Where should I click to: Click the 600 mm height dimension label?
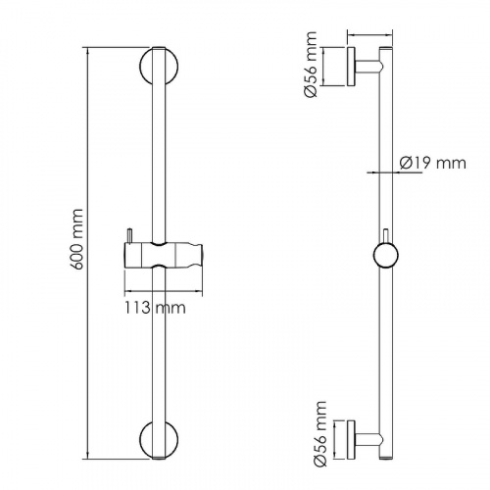(78, 239)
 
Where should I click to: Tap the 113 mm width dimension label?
(155, 308)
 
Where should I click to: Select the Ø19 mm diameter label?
(433, 163)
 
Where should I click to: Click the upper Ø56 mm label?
(310, 65)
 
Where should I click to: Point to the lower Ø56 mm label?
(319, 434)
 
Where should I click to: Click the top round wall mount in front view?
(143, 67)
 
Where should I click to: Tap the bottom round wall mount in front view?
(143, 440)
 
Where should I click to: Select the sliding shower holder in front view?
(164, 256)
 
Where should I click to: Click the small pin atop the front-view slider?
(130, 236)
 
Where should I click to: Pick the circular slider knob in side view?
(386, 256)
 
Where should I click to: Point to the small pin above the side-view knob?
(386, 236)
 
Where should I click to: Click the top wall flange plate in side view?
(351, 67)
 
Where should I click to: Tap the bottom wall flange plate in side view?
(351, 440)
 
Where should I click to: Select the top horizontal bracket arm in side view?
(367, 67)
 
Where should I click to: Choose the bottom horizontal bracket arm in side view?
(367, 440)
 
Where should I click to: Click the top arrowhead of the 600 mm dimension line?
(87, 51)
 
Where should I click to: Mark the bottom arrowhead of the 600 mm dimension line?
(87, 456)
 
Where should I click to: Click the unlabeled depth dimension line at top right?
(369, 35)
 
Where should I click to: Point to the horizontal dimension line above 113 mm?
(164, 290)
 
